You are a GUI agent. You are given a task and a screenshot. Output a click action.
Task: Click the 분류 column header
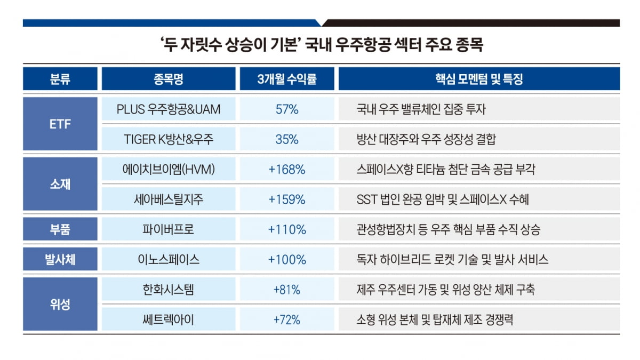[x=60, y=79]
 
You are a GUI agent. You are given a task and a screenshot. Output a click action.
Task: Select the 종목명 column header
[x=168, y=79]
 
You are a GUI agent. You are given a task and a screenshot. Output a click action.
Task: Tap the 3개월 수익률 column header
[x=287, y=79]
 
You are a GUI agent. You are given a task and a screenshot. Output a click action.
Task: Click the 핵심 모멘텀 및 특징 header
[x=478, y=79]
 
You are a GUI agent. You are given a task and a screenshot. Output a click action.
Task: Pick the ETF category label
[x=60, y=124]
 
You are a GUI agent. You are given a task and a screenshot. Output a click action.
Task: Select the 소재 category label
[x=60, y=185]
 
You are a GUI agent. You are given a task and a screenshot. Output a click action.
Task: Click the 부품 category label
[x=60, y=229]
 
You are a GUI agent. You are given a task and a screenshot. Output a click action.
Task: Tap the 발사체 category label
[x=60, y=260]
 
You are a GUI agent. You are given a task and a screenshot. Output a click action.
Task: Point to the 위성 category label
[x=60, y=305]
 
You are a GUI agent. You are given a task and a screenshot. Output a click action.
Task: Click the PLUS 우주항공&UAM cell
[x=168, y=110]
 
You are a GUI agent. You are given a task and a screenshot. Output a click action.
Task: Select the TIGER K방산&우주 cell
[x=168, y=140]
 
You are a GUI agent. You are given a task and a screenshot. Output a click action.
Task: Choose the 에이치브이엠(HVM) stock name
[x=168, y=170]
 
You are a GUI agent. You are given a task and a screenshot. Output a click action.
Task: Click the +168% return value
[x=287, y=170]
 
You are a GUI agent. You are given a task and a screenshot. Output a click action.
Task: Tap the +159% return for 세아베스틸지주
[x=287, y=199]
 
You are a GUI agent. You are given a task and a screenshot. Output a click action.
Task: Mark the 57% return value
[x=287, y=110]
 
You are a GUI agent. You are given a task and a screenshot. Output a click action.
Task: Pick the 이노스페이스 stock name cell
[x=168, y=260]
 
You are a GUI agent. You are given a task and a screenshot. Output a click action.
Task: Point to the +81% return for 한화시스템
[x=287, y=290]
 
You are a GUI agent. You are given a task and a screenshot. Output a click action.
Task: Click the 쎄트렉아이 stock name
[x=168, y=320]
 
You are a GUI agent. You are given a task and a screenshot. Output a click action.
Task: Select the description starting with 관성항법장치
[x=448, y=230]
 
